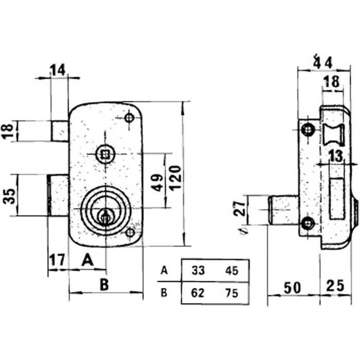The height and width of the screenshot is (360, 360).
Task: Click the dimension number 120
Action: [x=176, y=178]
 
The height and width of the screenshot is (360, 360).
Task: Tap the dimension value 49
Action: [x=157, y=183]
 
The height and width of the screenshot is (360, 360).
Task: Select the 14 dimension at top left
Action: [x=58, y=70]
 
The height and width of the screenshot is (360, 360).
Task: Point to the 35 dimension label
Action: [x=9, y=196]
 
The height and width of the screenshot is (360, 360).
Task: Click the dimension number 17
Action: [x=58, y=260]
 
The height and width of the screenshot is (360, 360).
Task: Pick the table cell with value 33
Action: [x=198, y=271]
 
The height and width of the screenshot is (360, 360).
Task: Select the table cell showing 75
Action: [x=231, y=293]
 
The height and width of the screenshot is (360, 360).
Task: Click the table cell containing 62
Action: [x=197, y=293]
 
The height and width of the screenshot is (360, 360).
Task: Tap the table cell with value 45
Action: [x=231, y=271]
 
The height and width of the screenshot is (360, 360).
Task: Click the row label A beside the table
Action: [x=165, y=271]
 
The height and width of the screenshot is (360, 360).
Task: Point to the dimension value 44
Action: [x=323, y=62]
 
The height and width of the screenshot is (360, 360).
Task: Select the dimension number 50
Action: [x=292, y=288]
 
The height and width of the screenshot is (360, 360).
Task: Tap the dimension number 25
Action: [x=335, y=285]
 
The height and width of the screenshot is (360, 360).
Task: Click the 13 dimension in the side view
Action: [x=336, y=156]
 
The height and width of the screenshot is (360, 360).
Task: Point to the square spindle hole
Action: [x=105, y=154]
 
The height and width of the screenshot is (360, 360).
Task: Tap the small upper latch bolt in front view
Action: [x=60, y=131]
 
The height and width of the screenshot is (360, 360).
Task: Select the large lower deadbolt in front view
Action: [x=58, y=195]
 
